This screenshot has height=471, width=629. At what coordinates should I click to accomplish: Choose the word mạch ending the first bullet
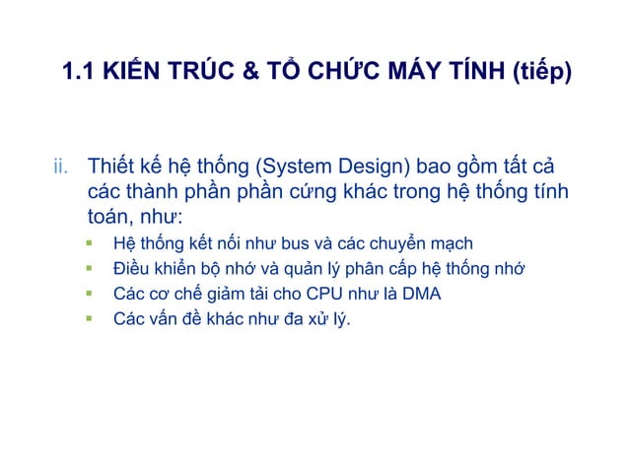450,243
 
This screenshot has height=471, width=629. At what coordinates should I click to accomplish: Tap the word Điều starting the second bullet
131,269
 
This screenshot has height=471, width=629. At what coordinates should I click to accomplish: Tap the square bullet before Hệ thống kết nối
90,242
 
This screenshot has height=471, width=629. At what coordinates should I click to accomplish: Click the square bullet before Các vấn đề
90,318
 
